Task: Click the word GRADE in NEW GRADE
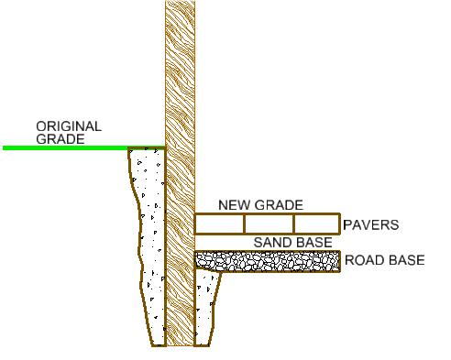tap(279, 205)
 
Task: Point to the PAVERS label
tap(370, 224)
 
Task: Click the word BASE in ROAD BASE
tap(405, 260)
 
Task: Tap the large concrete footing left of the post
tap(147, 247)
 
